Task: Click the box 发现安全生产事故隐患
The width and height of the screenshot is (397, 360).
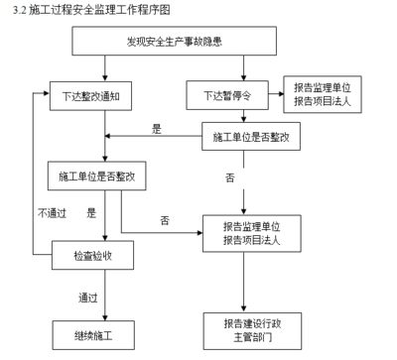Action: (174, 43)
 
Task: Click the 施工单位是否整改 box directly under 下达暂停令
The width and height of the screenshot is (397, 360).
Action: (251, 137)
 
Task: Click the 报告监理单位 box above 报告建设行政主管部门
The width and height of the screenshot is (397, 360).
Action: (251, 232)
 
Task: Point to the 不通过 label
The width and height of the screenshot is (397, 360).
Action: (52, 212)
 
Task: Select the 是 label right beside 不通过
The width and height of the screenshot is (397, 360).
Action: (91, 212)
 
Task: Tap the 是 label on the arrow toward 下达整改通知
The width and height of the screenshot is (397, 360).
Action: (156, 129)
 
